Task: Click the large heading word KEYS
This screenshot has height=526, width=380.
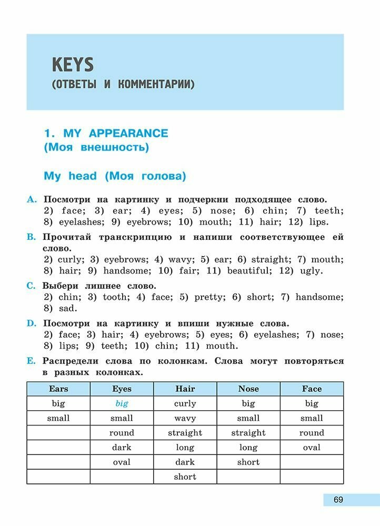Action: coord(73,65)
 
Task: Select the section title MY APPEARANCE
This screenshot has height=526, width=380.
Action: coord(115,134)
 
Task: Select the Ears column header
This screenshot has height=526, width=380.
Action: coord(58,389)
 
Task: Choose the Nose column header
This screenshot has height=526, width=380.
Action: coord(248,389)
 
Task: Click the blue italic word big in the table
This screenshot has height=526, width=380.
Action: coord(122,404)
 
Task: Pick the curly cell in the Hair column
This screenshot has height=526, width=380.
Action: coord(185,404)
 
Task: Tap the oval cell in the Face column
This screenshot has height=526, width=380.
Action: coord(312,448)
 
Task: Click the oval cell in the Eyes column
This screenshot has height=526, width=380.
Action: coord(122,462)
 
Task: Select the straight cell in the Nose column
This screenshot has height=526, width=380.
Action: coord(248,433)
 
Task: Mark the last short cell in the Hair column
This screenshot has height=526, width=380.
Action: coord(185,477)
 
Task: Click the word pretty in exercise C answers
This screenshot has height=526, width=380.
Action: coord(209,297)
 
